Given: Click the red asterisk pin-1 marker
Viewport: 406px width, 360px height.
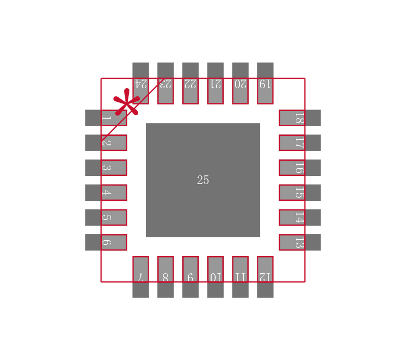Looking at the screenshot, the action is click(126, 102).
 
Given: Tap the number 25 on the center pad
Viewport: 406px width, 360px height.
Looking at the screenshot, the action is click(202, 180).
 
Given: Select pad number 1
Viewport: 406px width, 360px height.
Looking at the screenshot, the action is click(106, 118).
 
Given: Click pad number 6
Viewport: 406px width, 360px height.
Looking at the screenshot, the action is click(106, 242).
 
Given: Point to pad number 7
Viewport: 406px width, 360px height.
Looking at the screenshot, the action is click(141, 277).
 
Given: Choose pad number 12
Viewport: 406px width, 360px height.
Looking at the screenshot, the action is click(265, 277).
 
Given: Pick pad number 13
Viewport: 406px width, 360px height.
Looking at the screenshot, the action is click(300, 242).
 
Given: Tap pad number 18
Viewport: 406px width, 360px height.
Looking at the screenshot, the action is click(300, 118).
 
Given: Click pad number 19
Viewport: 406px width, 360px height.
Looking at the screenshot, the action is click(265, 83).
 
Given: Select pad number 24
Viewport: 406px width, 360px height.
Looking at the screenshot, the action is click(141, 83).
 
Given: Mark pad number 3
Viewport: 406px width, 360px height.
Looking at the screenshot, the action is click(106, 168).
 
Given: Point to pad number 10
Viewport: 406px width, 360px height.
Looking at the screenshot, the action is click(215, 277).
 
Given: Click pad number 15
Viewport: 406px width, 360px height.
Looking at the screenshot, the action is click(300, 192).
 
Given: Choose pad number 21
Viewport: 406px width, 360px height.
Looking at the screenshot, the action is click(215, 83).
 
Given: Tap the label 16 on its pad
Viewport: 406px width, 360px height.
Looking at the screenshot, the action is click(299, 168).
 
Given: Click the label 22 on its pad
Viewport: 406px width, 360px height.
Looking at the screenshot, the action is click(190, 84).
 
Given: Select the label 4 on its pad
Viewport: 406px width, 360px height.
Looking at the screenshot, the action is click(107, 193).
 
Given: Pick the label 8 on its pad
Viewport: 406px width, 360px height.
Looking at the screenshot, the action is click(165, 277).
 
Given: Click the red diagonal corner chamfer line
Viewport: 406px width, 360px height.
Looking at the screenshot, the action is click(133, 110).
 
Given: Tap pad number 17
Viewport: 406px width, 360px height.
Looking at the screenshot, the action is click(300, 143).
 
